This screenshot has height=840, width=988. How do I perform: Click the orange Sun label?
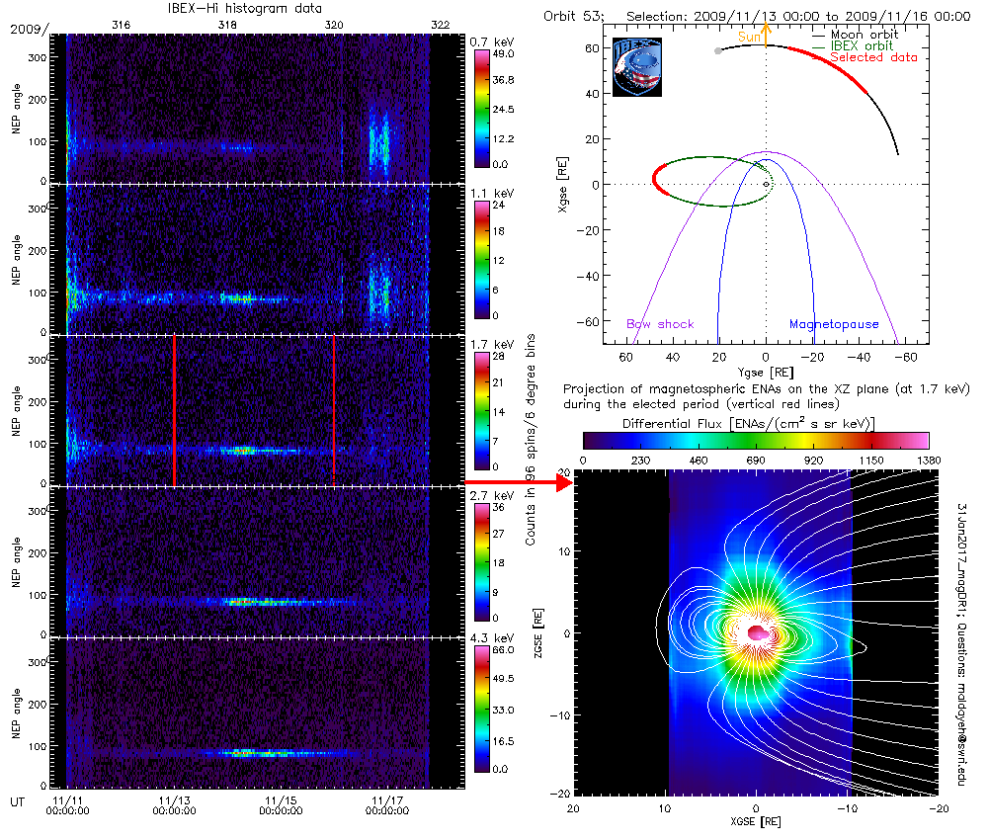(x=750, y=37)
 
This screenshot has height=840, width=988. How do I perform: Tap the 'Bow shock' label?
(x=660, y=324)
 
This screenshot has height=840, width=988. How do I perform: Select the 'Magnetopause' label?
(x=828, y=324)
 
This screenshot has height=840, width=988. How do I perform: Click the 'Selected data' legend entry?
(x=873, y=57)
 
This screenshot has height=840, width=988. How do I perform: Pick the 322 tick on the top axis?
(x=442, y=24)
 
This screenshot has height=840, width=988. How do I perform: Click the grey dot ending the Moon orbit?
(x=718, y=50)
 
